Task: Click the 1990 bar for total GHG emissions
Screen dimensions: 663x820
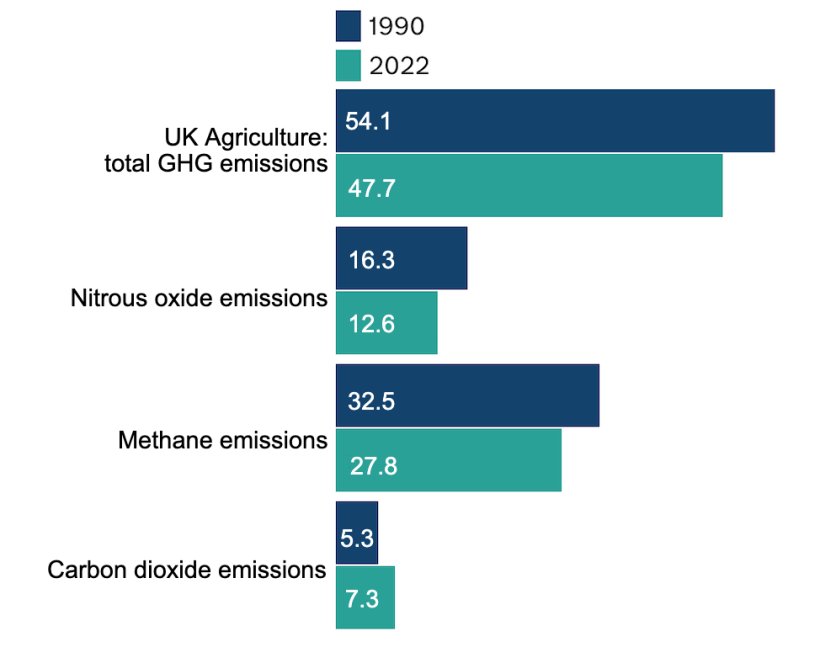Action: [555, 121]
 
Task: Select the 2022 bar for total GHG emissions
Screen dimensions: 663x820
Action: [529, 185]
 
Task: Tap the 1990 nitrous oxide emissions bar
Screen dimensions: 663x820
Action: [401, 259]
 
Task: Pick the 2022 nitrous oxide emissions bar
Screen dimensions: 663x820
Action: [386, 322]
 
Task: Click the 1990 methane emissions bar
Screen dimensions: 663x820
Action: [467, 396]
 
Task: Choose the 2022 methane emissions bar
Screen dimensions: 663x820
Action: [448, 460]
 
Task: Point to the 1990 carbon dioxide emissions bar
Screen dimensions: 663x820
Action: [357, 533]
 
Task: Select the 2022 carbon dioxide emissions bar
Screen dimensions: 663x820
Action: [365, 597]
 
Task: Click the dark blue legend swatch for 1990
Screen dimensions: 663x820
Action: [348, 25]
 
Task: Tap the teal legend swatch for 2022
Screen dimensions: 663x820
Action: [348, 66]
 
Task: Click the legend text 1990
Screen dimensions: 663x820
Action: [397, 26]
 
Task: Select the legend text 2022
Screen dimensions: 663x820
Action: [399, 67]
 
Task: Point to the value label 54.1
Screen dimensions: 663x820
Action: [368, 121]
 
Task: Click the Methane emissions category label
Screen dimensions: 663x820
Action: [222, 440]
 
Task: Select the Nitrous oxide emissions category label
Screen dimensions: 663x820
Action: [199, 298]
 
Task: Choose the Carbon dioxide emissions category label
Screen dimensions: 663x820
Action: [187, 571]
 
